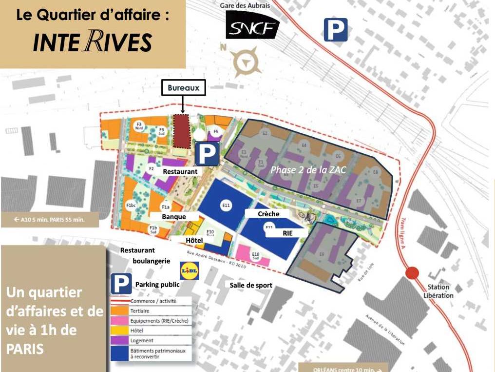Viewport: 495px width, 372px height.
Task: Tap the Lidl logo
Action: tap(189, 270)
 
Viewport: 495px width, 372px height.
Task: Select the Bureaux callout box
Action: tap(183, 88)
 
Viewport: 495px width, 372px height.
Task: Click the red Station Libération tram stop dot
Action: tap(412, 272)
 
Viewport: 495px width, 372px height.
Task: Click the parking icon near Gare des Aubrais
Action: tap(336, 29)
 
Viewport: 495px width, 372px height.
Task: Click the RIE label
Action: tap(287, 233)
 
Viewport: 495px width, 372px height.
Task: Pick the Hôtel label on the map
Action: tap(194, 241)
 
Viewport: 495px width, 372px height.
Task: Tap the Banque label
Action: tap(174, 216)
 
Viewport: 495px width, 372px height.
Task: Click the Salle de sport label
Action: tap(251, 285)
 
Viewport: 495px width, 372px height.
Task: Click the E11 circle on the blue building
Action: tap(225, 206)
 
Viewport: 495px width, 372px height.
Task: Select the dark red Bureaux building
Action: tap(182, 130)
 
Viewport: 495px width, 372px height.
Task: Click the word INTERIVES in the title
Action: tap(93, 42)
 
